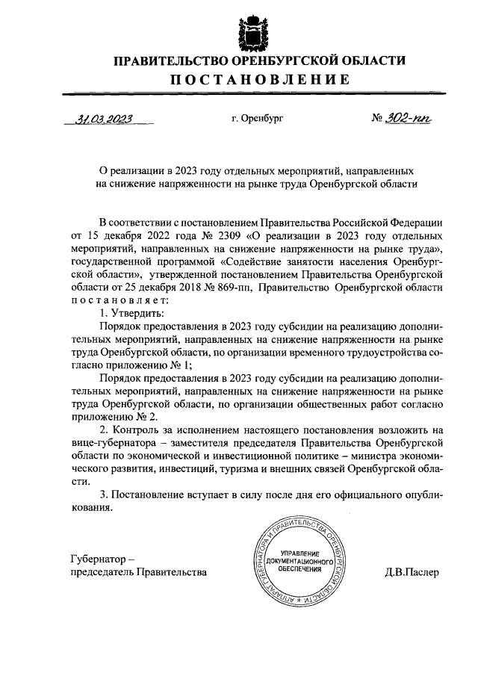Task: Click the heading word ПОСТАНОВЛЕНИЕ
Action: [x=238, y=80]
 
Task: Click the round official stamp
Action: [x=296, y=562]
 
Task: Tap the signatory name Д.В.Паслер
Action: [x=412, y=572]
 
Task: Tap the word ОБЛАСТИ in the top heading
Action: [x=376, y=61]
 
